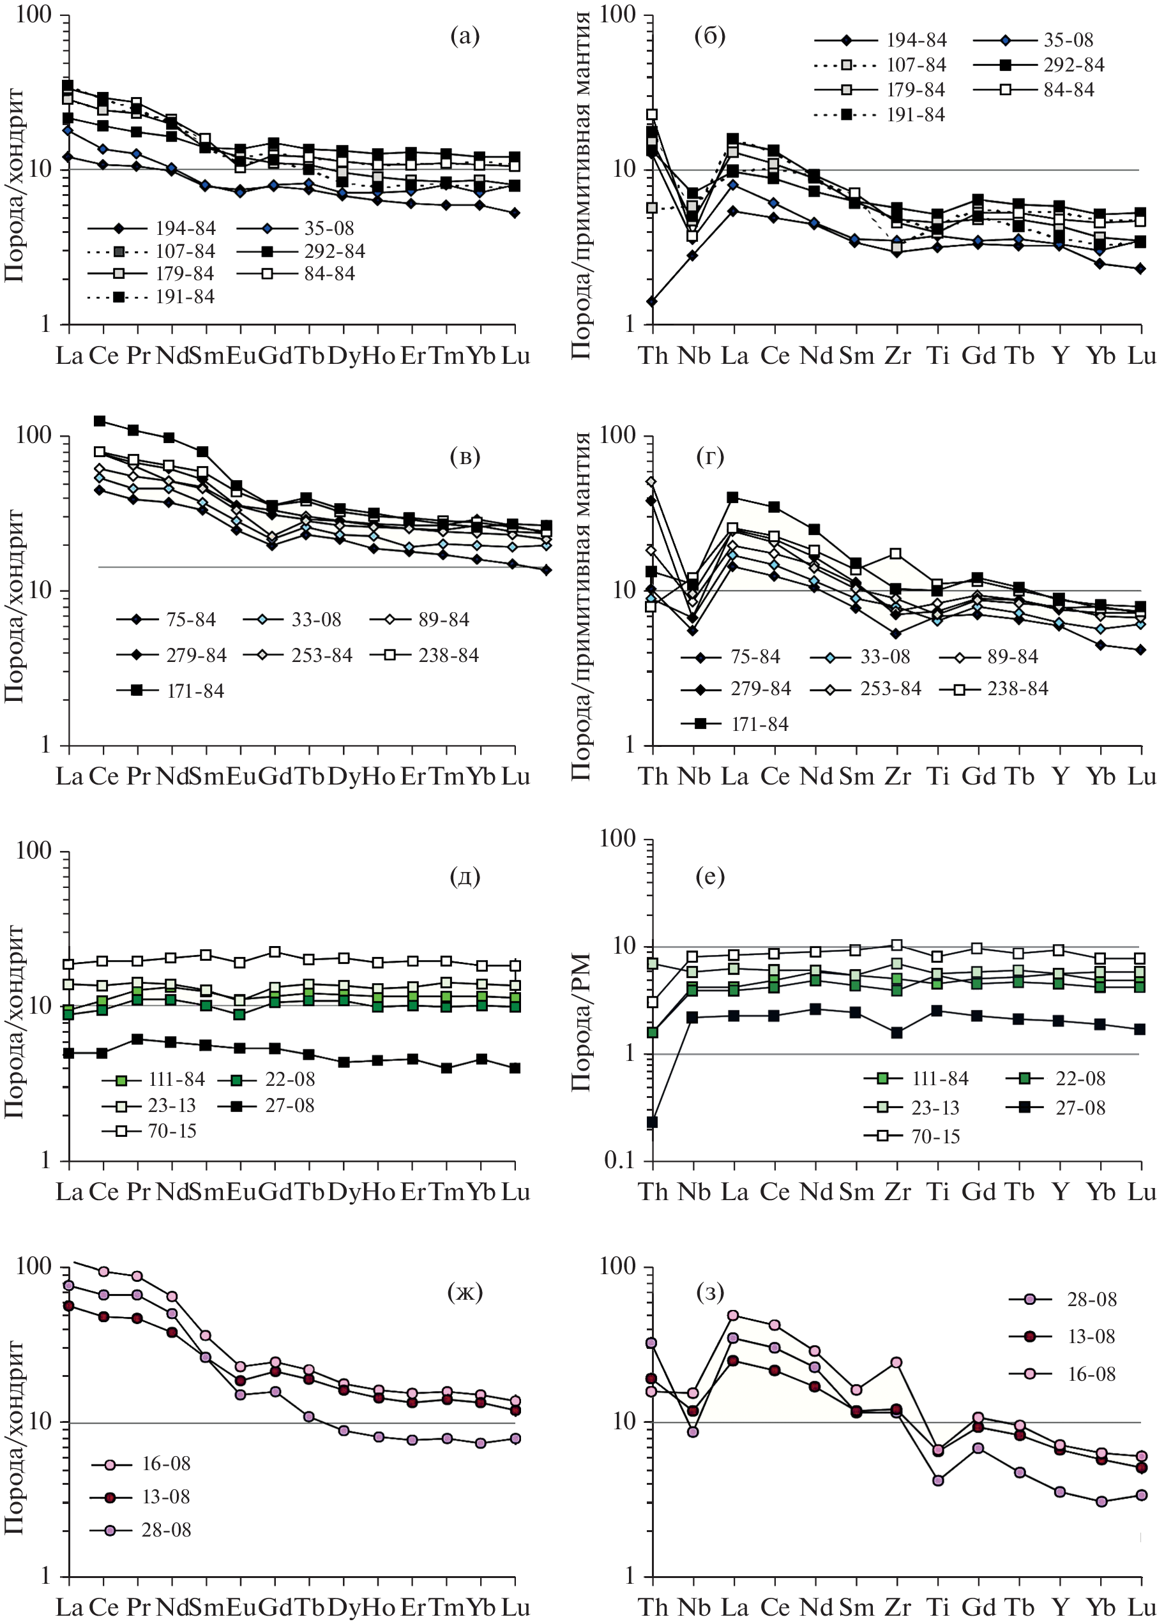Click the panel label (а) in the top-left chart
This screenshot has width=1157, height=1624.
coord(464,36)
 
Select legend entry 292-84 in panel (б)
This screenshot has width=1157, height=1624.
coord(1073,65)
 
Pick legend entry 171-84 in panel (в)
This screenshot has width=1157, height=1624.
coord(195,691)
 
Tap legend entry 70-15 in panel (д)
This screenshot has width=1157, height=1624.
coord(172,1131)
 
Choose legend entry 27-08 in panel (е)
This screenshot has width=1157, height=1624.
coord(1080,1108)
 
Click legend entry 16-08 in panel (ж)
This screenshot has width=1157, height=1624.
coord(165,1464)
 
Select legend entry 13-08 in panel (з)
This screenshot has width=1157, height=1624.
coord(1091,1336)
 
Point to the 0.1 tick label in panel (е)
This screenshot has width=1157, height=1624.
coord(618,1161)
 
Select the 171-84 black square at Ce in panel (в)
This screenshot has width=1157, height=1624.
coord(100,421)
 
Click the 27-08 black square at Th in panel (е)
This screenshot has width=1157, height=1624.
coord(652,1122)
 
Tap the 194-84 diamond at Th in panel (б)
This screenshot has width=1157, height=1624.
coord(652,301)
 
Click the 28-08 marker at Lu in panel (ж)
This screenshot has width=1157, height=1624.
coord(515,1439)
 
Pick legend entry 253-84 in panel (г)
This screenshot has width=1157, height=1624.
coord(891,689)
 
